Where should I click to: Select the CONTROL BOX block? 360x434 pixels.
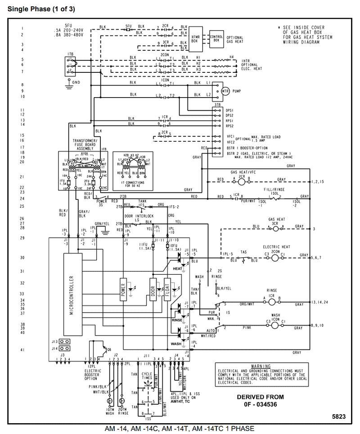216,38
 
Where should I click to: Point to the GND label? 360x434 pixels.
76,82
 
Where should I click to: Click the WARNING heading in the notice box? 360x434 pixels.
261,367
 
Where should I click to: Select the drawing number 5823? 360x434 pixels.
338,417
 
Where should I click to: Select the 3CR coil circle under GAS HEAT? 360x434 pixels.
277,228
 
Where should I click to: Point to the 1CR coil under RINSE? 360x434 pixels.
272,298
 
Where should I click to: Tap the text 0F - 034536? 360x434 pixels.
261,404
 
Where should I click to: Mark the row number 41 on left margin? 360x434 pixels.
22,349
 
